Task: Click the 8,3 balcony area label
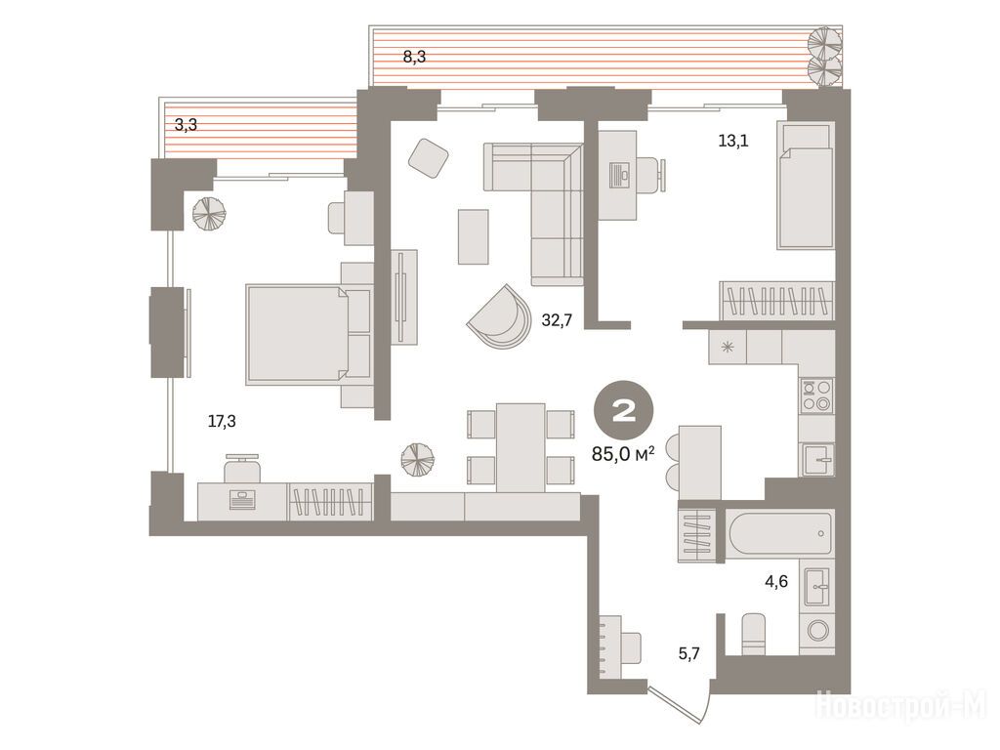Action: pos(414,57)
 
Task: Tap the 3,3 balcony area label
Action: pos(186,125)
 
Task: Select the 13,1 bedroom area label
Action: pos(732,141)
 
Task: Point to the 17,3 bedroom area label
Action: pos(222,421)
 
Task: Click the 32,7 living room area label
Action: pos(557,320)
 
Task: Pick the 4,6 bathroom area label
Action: pos(776,582)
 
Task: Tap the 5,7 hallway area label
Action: pos(688,653)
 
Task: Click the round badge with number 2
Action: pos(623,411)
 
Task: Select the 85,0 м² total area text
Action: pos(623,454)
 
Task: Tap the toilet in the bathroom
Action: pos(754,634)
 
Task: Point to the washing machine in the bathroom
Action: pos(817,631)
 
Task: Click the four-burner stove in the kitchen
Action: pos(817,395)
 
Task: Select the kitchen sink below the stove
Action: pos(817,459)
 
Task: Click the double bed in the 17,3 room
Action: pos(308,335)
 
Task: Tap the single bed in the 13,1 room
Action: pos(806,186)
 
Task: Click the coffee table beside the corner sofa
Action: pos(474,236)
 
